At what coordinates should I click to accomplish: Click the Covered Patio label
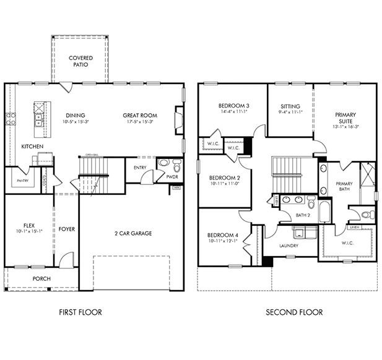80,61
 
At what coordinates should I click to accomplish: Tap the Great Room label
139,115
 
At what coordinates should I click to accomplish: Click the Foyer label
66,229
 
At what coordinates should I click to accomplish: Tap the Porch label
41,278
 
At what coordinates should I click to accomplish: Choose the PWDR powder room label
172,177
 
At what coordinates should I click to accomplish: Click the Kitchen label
32,147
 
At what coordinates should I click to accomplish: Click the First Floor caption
80,312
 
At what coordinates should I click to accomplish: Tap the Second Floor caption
294,312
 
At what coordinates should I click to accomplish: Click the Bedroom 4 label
222,235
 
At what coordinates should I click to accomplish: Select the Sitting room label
290,106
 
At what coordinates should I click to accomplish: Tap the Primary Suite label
345,118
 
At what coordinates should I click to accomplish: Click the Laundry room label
289,246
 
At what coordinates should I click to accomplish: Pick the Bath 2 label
302,215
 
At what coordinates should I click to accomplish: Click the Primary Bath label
344,187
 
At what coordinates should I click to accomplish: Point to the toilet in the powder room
177,166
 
